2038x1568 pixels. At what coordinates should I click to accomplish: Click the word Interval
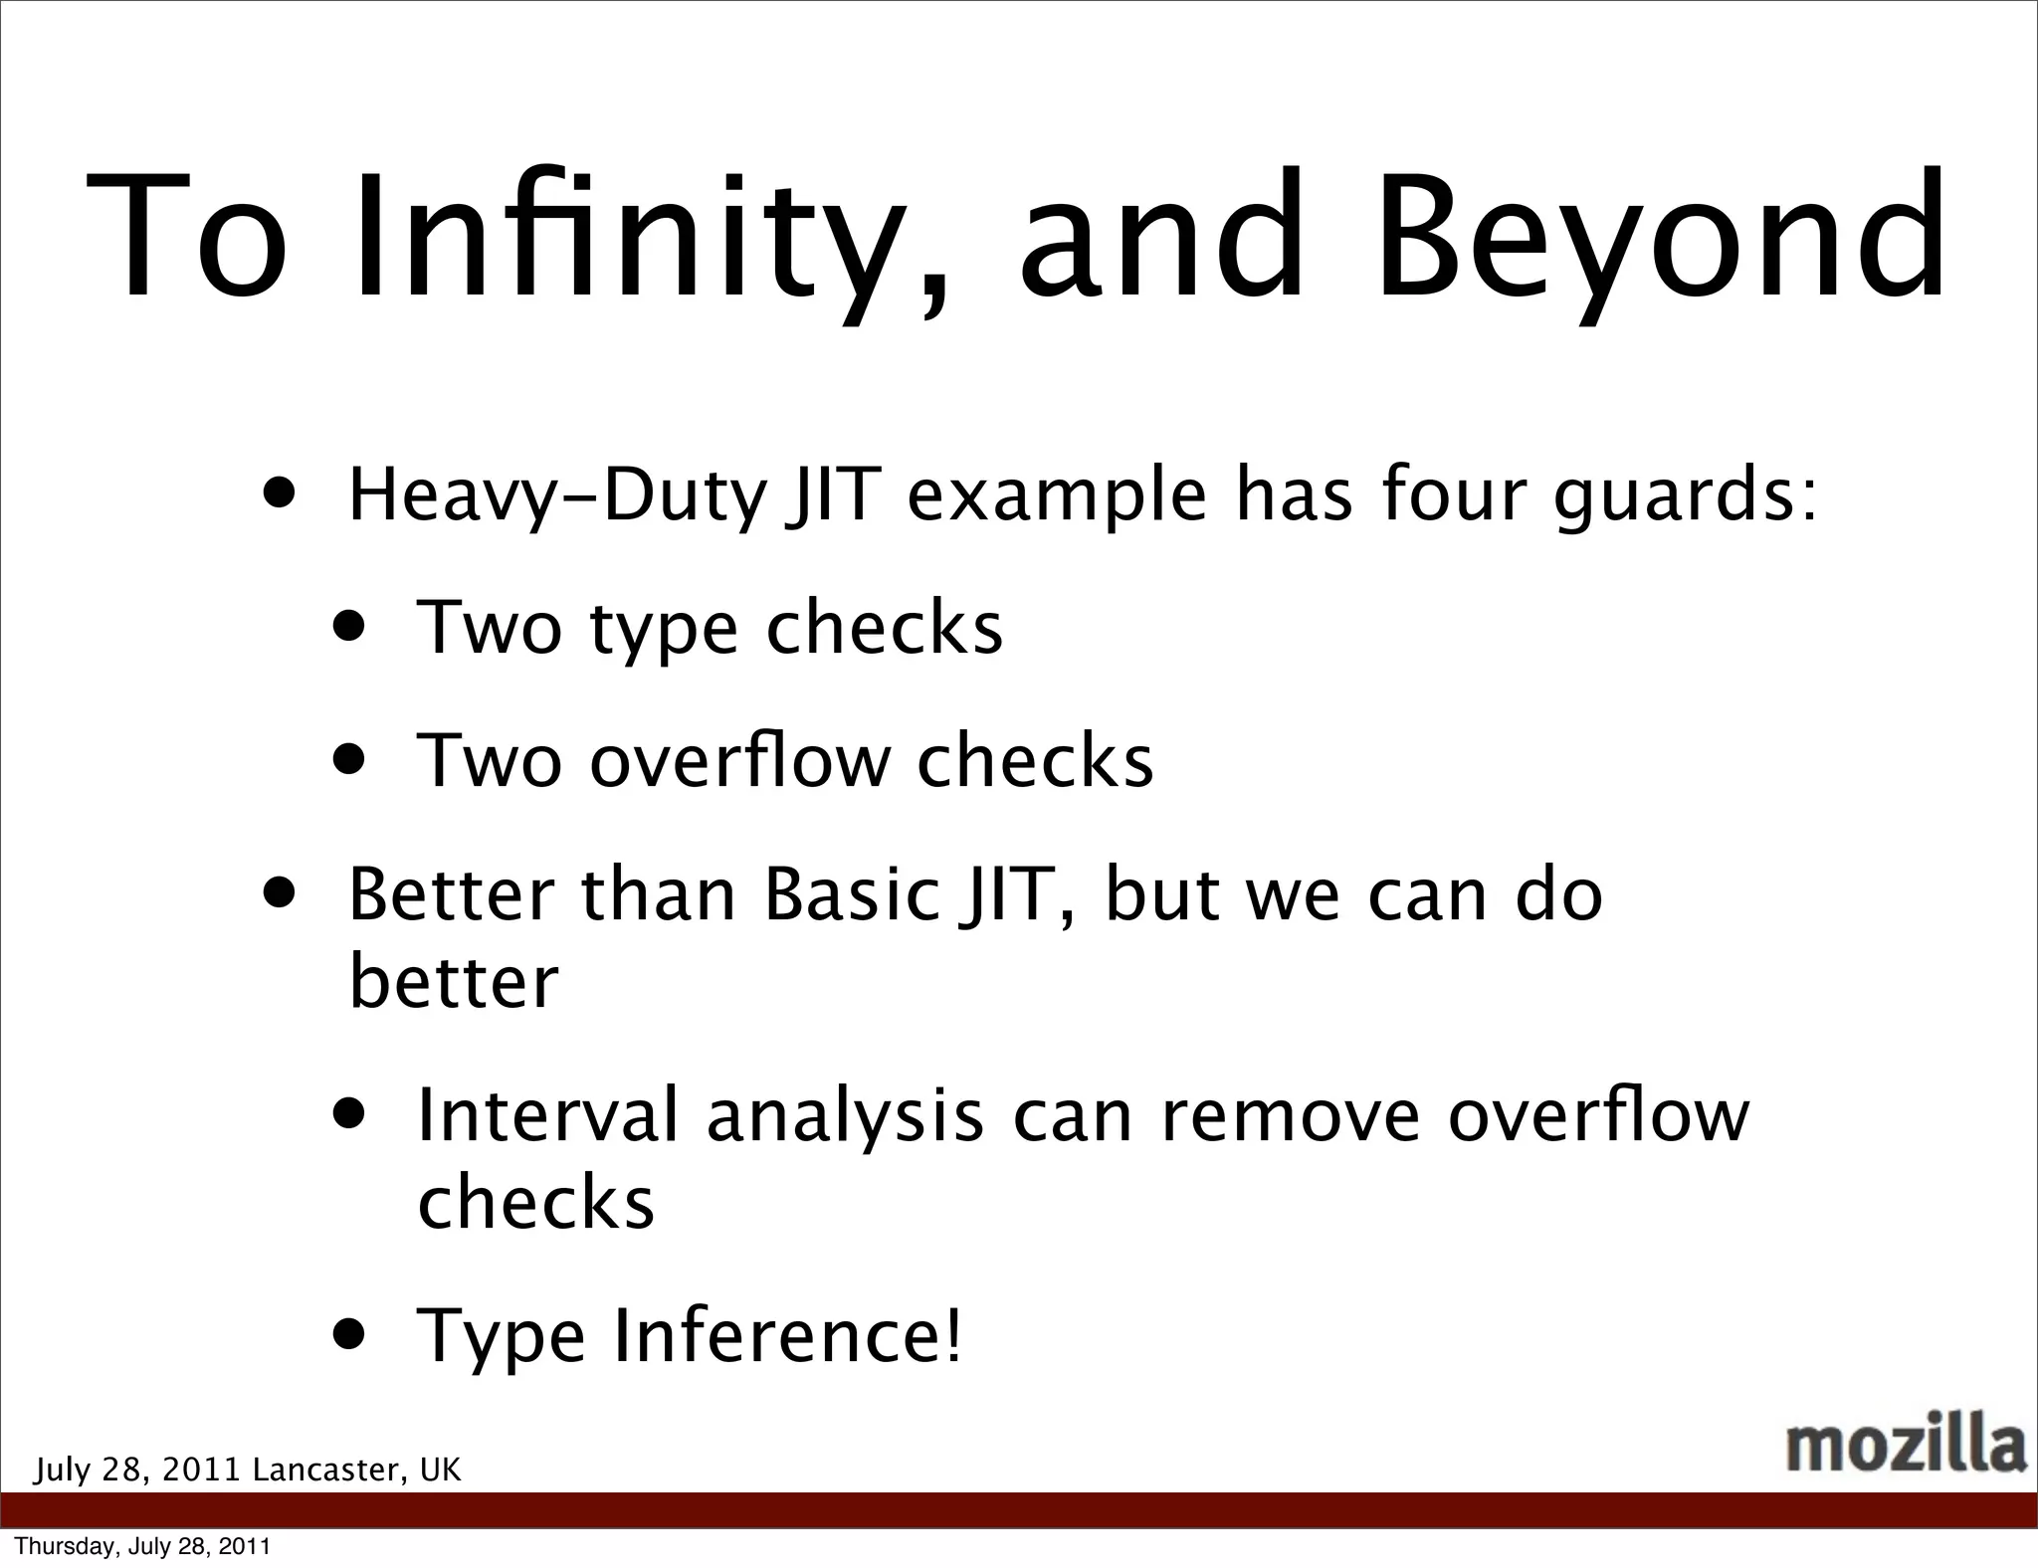click(x=547, y=1115)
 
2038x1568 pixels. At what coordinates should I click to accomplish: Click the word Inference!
click(x=788, y=1336)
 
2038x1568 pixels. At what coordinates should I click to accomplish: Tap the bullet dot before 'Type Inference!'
click(x=350, y=1333)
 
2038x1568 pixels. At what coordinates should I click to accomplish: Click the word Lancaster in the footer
click(x=327, y=1470)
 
